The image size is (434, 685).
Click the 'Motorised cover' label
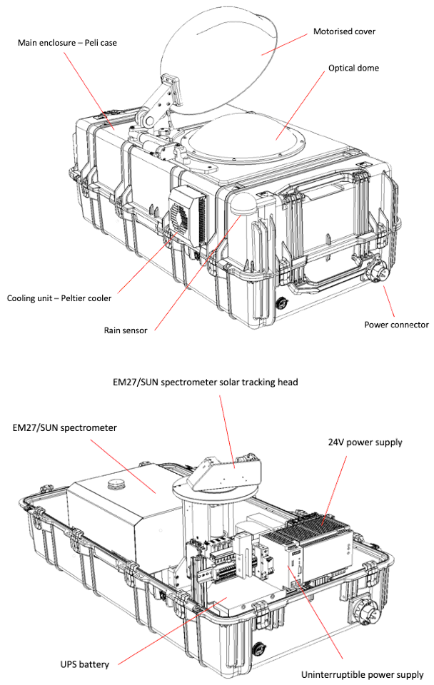point(344,31)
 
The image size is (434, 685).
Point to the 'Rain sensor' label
point(129,330)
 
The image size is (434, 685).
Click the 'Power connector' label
point(396,324)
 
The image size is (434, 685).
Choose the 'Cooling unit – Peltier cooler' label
point(59,298)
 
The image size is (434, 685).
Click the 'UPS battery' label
point(85,664)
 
